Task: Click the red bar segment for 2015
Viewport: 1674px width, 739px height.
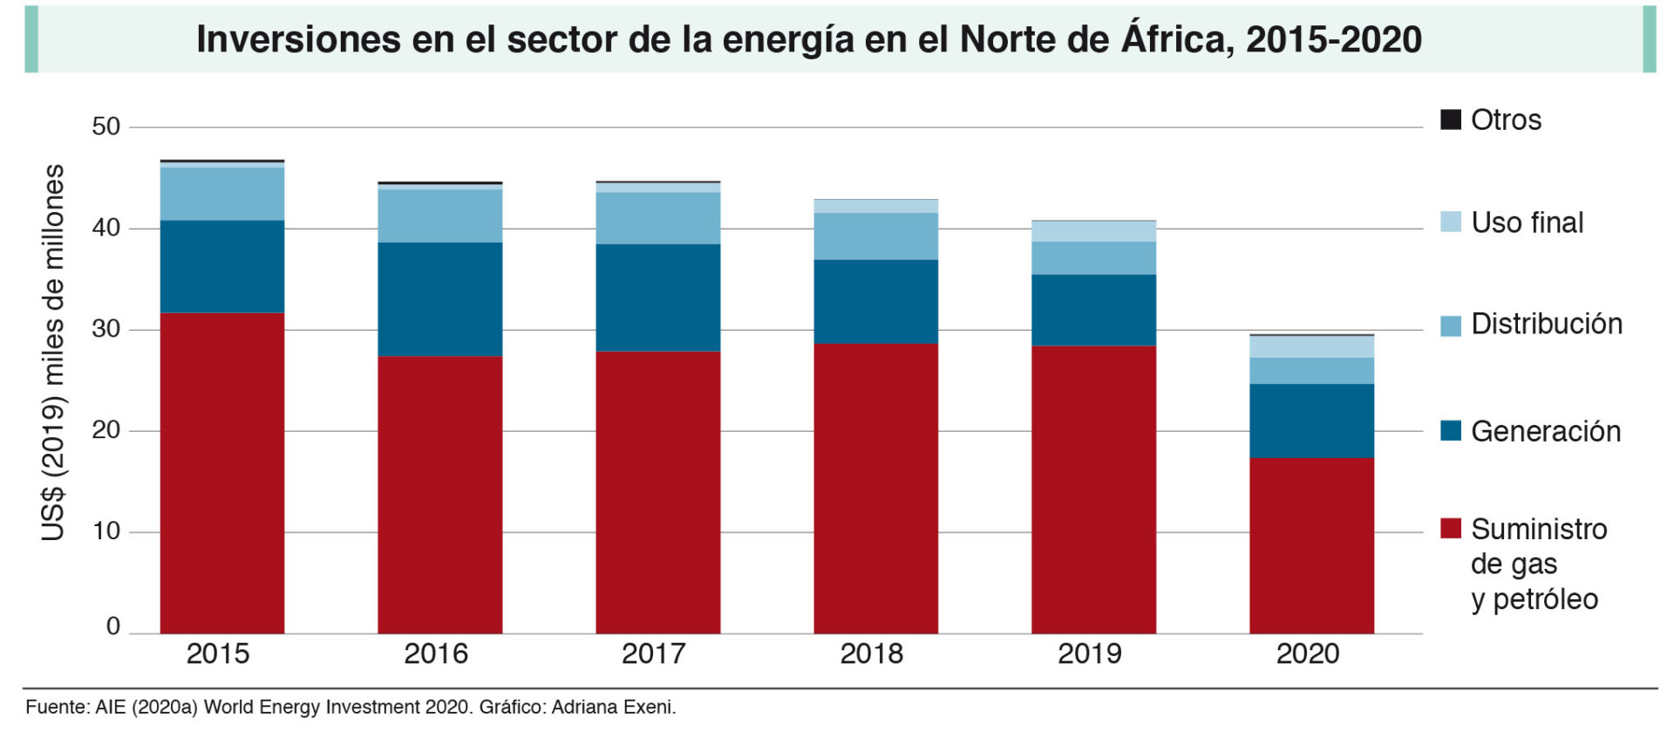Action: click(x=221, y=472)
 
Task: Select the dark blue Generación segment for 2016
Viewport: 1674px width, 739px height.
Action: click(x=439, y=298)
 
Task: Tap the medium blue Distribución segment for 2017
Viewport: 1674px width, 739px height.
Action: click(x=657, y=218)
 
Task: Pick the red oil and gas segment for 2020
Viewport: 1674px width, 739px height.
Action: click(x=1311, y=545)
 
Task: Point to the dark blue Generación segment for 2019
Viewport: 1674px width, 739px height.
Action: click(x=1093, y=310)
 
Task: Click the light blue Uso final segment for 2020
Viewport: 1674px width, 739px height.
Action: click(x=1311, y=346)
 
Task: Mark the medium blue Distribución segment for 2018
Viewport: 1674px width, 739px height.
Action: click(x=875, y=236)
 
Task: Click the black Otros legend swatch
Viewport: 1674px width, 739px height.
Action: click(x=1450, y=120)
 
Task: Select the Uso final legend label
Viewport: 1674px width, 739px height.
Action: click(x=1527, y=222)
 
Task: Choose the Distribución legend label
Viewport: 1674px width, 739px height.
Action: click(x=1546, y=324)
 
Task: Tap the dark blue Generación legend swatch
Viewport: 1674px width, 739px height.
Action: click(x=1450, y=430)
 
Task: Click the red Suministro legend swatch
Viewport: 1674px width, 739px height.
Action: click(x=1450, y=528)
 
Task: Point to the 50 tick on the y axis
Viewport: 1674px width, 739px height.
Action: click(x=105, y=127)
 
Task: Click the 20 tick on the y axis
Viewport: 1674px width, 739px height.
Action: click(x=105, y=430)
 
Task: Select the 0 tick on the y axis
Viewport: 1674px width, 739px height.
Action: click(x=112, y=626)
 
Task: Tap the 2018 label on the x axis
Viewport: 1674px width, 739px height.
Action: click(x=871, y=653)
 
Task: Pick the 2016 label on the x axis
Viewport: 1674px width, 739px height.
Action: click(x=435, y=653)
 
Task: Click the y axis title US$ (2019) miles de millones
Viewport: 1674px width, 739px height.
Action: click(x=53, y=352)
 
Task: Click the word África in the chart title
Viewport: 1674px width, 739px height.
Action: click(x=1177, y=38)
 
